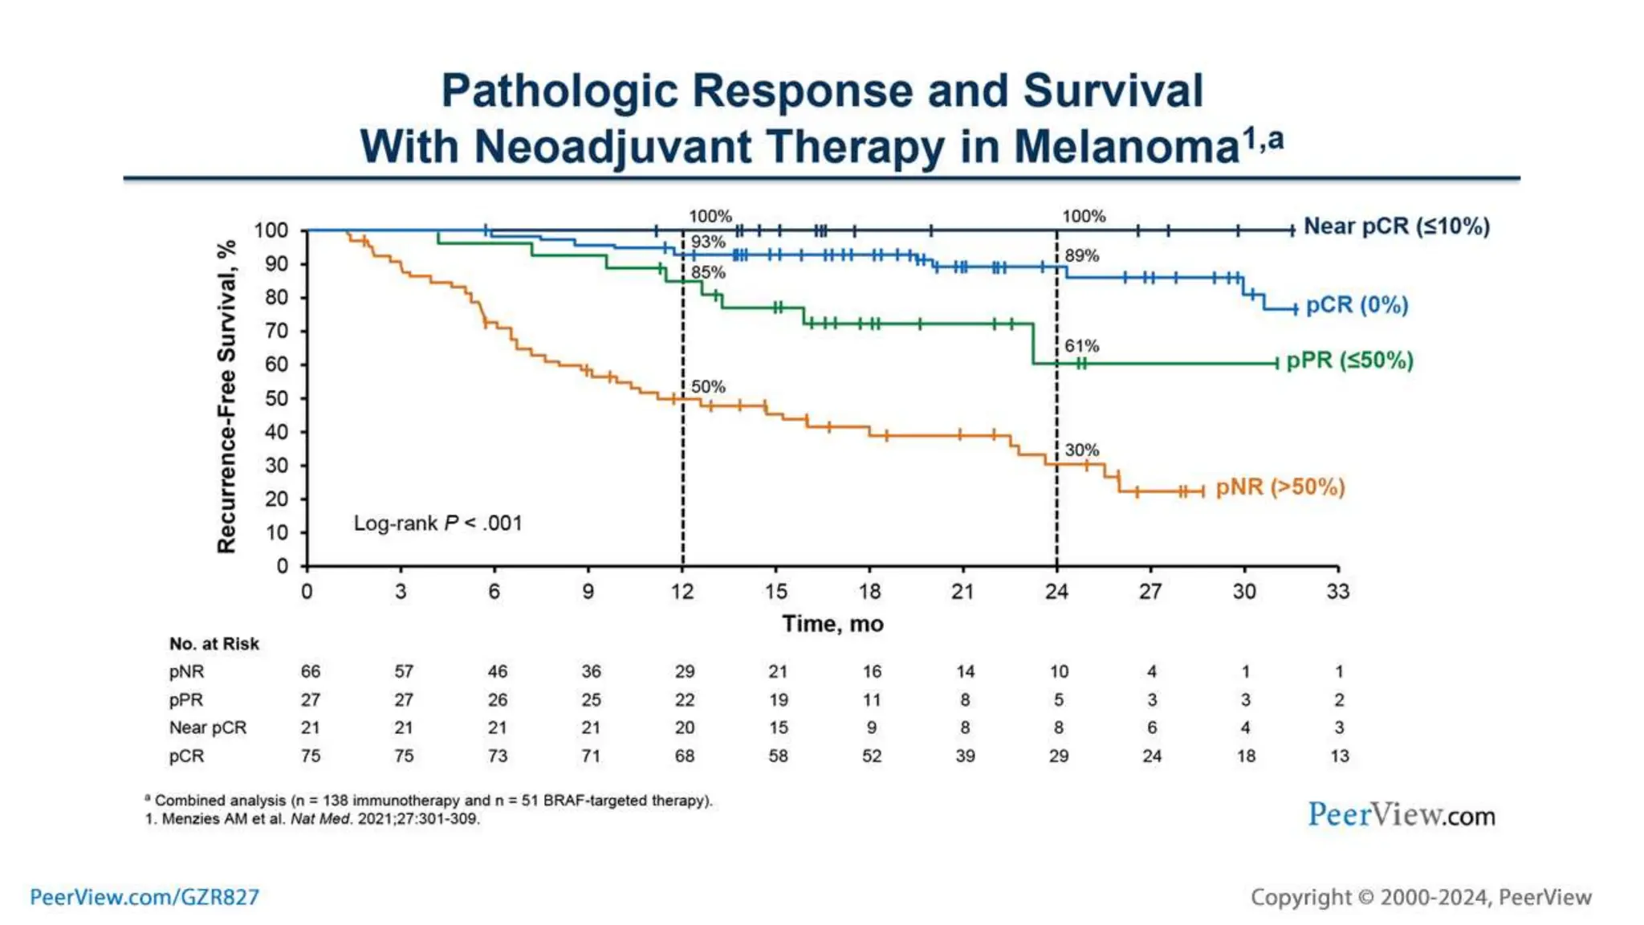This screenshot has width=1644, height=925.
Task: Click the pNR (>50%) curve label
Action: [x=1280, y=487]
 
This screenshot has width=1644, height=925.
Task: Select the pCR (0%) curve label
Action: [x=1357, y=305]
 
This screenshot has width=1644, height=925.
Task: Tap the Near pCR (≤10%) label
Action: [x=1396, y=226]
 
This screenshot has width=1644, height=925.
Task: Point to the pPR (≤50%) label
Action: [x=1349, y=361]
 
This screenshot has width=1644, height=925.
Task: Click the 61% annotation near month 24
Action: [x=1081, y=346]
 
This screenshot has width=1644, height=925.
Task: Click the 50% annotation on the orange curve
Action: [x=708, y=387]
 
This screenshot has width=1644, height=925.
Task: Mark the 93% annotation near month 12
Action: [x=708, y=242]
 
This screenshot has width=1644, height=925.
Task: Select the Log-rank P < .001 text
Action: [x=437, y=524]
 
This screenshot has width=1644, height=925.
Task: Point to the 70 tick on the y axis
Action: [x=276, y=331]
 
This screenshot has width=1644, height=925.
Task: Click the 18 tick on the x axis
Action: [x=869, y=592]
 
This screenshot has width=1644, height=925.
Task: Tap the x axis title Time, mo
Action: [x=832, y=624]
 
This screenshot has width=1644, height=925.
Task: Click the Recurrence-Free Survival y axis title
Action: [x=226, y=397]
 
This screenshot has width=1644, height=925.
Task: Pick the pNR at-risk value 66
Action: [x=310, y=671]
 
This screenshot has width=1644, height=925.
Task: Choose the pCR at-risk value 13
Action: [x=1339, y=756]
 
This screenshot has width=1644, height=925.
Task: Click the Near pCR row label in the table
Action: [x=208, y=727]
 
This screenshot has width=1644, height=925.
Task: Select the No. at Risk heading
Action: [x=214, y=644]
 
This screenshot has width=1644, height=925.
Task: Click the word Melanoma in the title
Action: [x=1126, y=147]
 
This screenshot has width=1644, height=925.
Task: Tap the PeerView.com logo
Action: [x=1401, y=815]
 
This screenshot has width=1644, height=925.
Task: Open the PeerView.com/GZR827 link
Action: [x=144, y=897]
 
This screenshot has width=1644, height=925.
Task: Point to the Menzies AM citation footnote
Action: [x=312, y=819]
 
